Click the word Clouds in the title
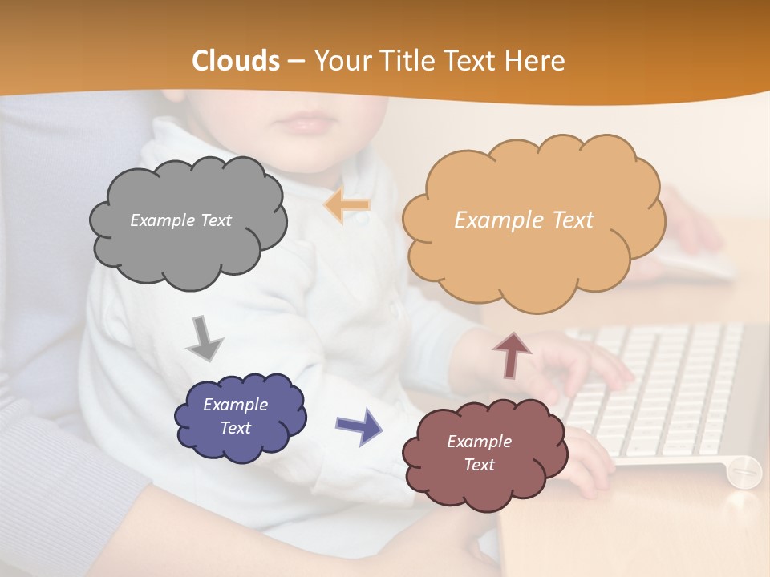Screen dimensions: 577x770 point(236,61)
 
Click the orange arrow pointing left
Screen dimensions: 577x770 point(347,205)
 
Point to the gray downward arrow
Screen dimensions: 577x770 point(204,337)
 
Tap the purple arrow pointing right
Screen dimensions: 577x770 point(359,426)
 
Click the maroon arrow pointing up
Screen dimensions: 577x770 point(512,355)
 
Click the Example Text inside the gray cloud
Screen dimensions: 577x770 point(180,220)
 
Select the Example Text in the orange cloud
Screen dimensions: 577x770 point(524,220)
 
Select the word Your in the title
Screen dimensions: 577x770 point(342,61)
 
